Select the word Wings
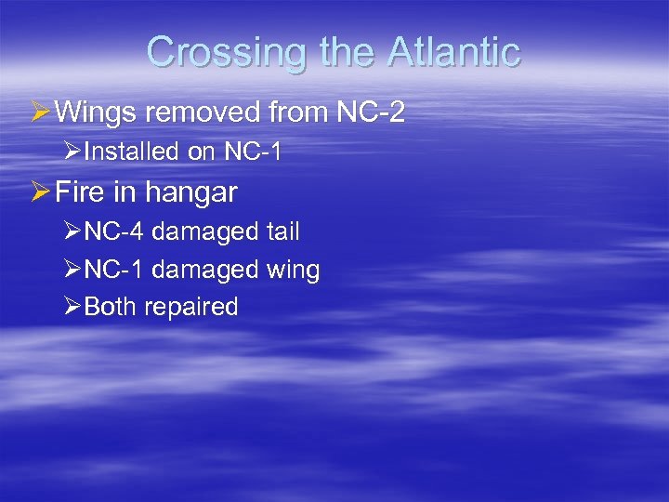99,112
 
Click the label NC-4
113,231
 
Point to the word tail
282,231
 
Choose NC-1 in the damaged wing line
113,270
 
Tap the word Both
111,307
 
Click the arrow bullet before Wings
40,112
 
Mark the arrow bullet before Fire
40,192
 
